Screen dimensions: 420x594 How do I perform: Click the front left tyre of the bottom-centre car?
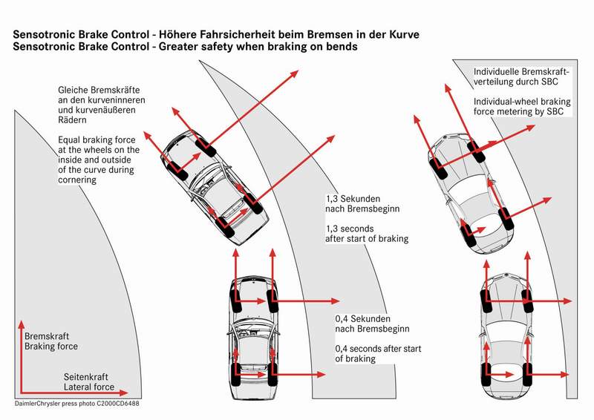pos(235,301)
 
